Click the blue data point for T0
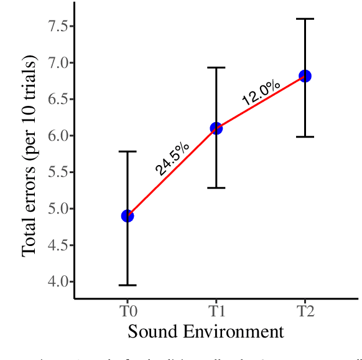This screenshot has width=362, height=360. (128, 216)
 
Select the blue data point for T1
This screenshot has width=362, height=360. (216, 128)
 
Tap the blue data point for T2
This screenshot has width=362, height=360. (305, 76)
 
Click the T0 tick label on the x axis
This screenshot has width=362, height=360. (128, 309)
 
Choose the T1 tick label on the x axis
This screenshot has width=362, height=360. (216, 309)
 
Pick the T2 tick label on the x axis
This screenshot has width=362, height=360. (305, 309)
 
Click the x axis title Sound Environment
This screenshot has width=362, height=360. (206, 331)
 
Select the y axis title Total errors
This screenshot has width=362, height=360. (29, 156)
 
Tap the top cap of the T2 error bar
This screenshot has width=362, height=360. (305, 19)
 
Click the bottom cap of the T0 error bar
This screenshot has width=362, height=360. (128, 285)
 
